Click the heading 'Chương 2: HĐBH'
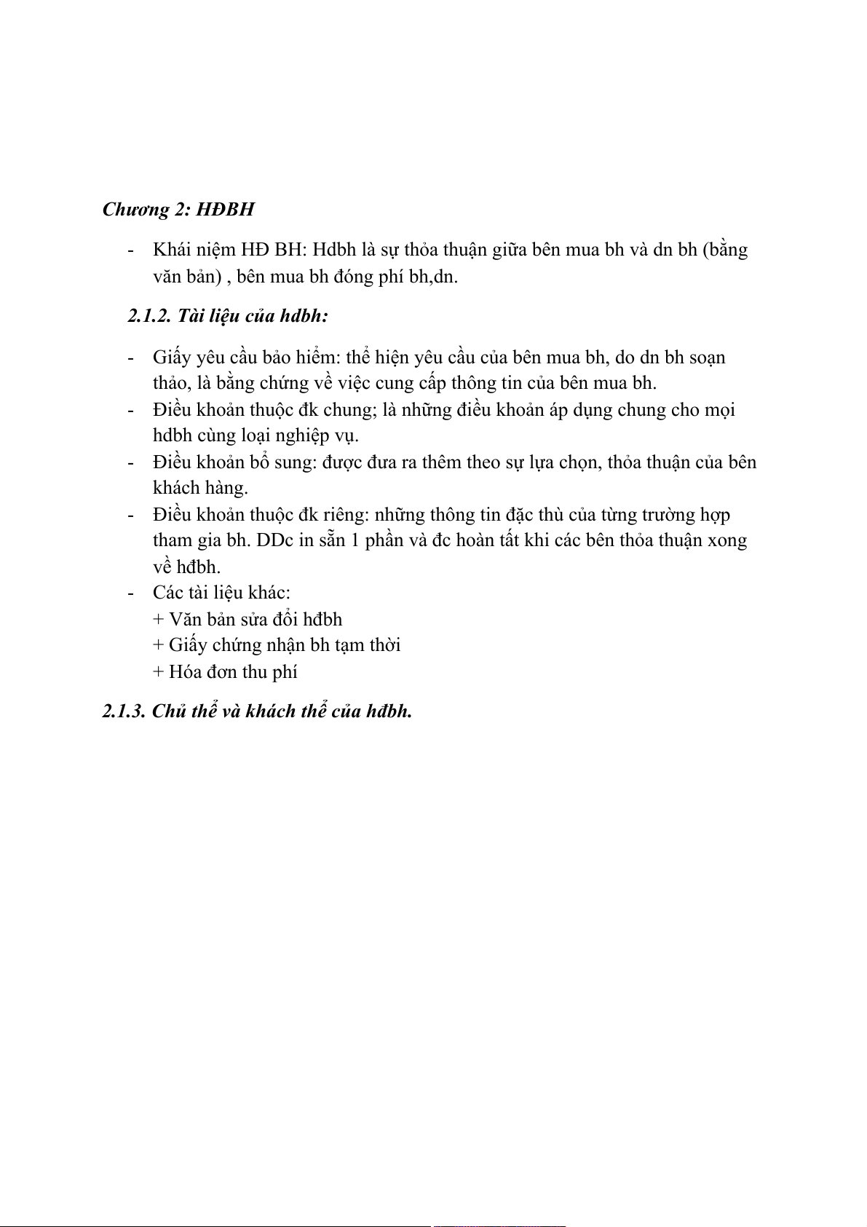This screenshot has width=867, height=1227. point(178,210)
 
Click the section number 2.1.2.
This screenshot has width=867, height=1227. point(149,316)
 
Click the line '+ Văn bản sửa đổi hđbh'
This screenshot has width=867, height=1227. point(248,620)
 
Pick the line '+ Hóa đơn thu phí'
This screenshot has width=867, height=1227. point(225,672)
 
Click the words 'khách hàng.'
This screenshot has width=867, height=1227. point(200,488)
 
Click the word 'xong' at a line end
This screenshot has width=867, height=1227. point(727,541)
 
